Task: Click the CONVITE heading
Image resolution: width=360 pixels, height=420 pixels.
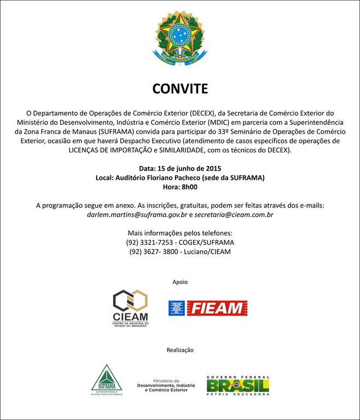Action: (180, 89)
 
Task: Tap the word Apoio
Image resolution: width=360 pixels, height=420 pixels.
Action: (180, 282)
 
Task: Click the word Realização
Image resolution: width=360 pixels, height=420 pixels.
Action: (180, 349)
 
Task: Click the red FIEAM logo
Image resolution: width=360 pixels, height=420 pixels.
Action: (208, 308)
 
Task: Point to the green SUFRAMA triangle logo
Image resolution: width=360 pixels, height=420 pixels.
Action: (106, 380)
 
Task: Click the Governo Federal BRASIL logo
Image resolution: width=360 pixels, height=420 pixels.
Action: (237, 385)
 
